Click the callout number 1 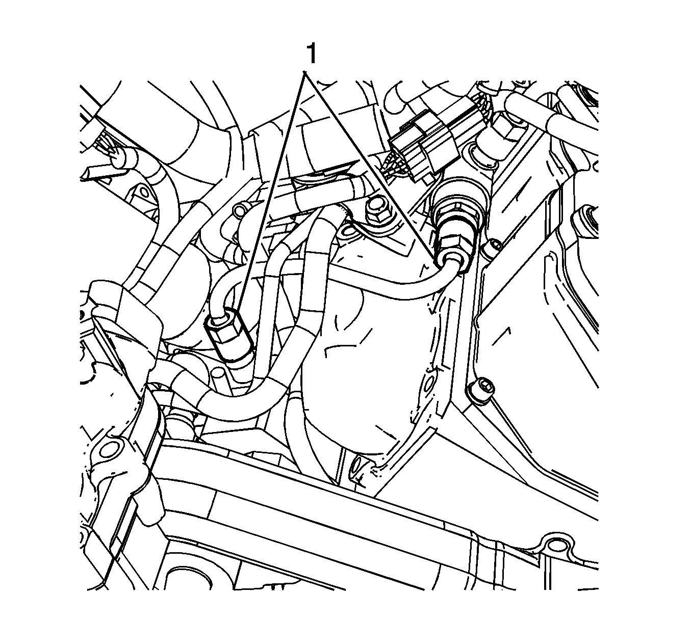(x=311, y=53)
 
